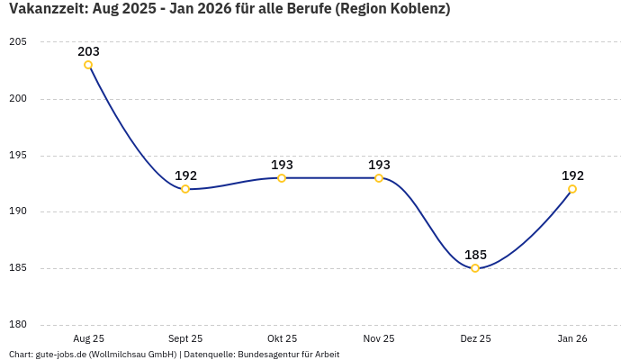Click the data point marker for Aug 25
point(88,65)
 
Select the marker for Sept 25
point(185,189)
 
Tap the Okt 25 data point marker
point(282,178)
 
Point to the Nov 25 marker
point(379,178)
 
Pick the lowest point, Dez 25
point(475,268)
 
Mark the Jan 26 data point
point(572,189)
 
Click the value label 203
point(88,51)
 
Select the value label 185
point(475,255)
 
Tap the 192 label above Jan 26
point(572,175)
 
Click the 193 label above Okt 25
point(282,165)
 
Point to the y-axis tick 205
point(18,42)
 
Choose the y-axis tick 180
point(18,325)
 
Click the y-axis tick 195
point(18,156)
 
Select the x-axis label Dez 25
point(475,338)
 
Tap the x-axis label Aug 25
point(88,338)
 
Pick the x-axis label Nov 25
point(379,338)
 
